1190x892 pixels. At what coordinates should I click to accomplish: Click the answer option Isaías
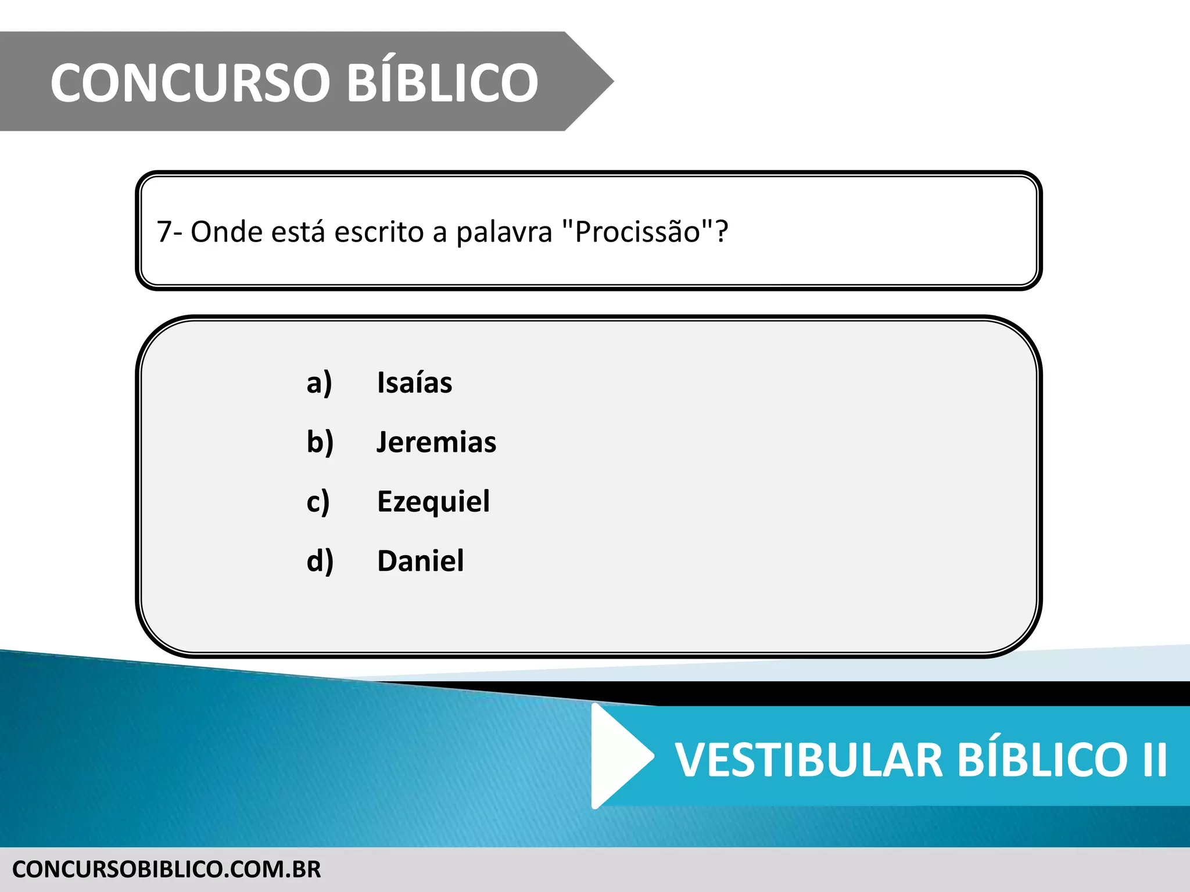414,383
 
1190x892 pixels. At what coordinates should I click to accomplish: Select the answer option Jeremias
436,443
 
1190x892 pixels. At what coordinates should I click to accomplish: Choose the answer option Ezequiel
433,502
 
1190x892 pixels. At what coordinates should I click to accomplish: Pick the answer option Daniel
420,561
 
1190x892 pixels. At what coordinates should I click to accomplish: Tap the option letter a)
319,383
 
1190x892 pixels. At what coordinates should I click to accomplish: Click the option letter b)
320,443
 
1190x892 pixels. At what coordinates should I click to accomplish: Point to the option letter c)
318,502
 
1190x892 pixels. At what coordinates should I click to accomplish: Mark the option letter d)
320,561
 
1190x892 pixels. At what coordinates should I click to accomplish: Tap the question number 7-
169,232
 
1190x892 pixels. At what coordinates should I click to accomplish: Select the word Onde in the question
226,232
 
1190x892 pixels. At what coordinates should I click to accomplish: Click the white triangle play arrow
619,756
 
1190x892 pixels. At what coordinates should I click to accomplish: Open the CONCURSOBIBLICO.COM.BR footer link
166,869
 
